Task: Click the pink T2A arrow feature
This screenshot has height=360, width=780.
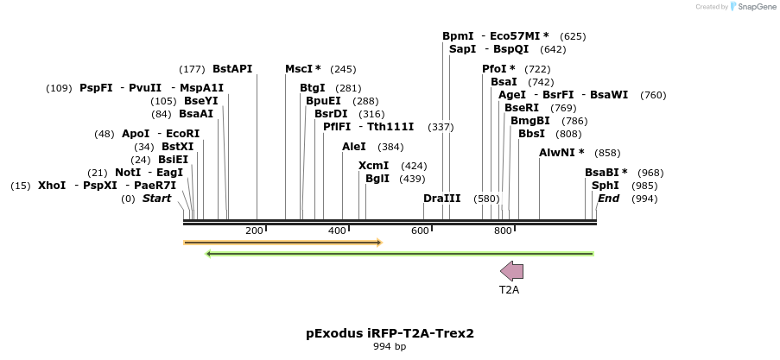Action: [x=512, y=271]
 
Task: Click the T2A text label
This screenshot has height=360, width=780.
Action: [x=509, y=290]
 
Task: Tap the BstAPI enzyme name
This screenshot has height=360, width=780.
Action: [x=232, y=69]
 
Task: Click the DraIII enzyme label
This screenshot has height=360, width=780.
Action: [x=441, y=199]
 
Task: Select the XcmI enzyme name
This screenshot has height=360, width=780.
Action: [x=373, y=166]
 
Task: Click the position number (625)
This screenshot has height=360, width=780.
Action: [x=573, y=36]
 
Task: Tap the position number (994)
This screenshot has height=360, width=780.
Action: [x=644, y=199]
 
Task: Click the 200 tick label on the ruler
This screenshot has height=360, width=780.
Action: [x=254, y=231]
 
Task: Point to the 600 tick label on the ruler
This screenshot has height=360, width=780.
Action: [x=420, y=231]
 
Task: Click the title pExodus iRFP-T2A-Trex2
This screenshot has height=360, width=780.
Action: [x=390, y=332]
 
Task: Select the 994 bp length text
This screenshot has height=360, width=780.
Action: [x=390, y=346]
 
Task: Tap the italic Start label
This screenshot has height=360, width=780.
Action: [x=156, y=199]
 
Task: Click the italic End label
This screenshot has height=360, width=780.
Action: [x=608, y=199]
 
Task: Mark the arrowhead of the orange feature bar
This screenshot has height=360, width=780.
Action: [x=378, y=243]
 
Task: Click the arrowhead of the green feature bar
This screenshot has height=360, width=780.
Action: [x=209, y=254]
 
